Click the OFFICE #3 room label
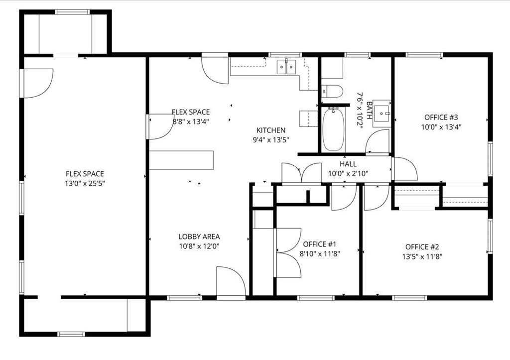(441, 118)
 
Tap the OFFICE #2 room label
(422, 247)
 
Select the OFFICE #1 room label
(319, 244)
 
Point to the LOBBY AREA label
(199, 237)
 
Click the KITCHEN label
(271, 130)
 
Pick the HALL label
(348, 164)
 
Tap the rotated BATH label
(369, 111)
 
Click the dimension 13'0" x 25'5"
(85, 184)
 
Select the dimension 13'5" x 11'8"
(422, 257)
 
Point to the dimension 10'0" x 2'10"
(348, 174)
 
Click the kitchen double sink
(286, 67)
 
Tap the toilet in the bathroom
(332, 92)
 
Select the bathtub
(333, 129)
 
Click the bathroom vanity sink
(382, 113)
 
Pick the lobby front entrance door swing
(231, 281)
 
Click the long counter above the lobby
(181, 160)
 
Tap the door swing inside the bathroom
(378, 141)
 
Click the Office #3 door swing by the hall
(405, 169)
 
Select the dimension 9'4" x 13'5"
(271, 140)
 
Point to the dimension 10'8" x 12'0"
(199, 246)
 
